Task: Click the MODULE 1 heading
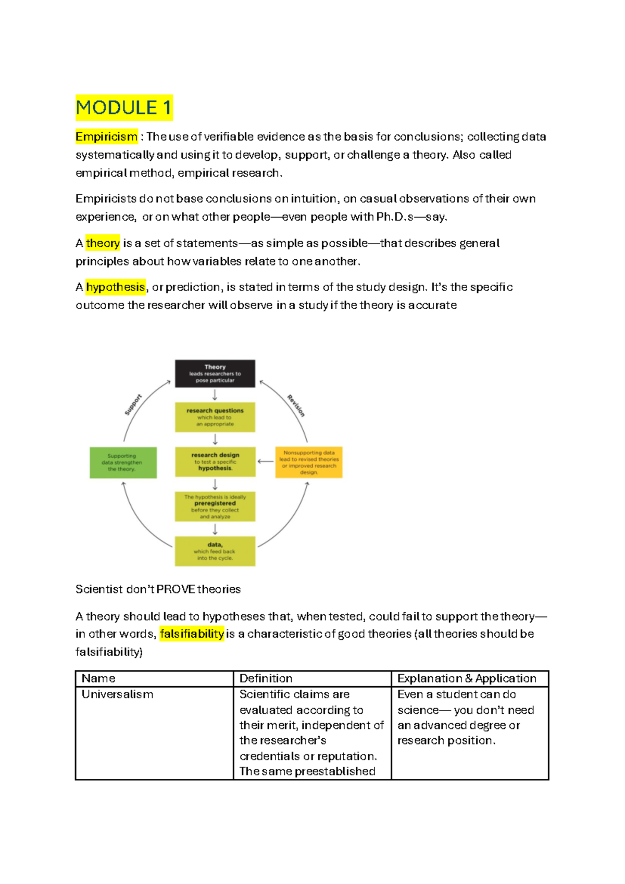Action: tap(123, 108)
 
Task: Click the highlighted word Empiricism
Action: tap(106, 136)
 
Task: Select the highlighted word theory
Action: tap(103, 243)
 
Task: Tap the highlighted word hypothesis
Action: tap(115, 287)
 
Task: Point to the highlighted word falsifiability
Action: tap(192, 634)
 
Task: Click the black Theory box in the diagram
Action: tap(215, 373)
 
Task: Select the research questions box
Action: tap(215, 417)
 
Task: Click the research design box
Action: tap(215, 462)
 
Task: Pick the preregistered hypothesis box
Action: tap(215, 507)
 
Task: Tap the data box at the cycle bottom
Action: tap(215, 551)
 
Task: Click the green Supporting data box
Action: tap(123, 462)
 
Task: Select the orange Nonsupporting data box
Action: tap(308, 462)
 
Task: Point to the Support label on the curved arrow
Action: tap(133, 405)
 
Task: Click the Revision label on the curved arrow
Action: tap(296, 406)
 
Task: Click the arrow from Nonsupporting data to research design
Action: tap(265, 461)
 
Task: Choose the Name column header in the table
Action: tap(98, 678)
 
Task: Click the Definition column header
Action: tap(266, 678)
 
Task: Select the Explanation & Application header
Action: tap(467, 678)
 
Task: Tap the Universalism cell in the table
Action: tap(117, 694)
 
